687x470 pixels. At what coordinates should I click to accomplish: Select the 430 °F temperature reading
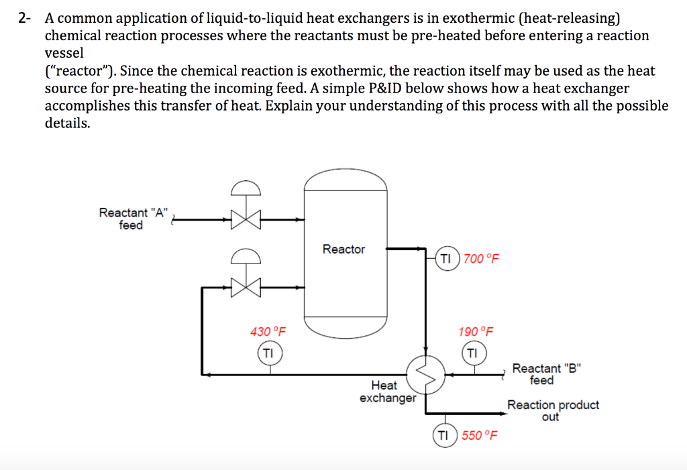coord(268,332)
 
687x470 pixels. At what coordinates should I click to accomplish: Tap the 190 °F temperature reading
coord(476,332)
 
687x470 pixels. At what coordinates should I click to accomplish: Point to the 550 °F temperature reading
coord(480,436)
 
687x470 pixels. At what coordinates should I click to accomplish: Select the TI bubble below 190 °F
coord(472,352)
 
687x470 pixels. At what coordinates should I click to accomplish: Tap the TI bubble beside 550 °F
coord(443,435)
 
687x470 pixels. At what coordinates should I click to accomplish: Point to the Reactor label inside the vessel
coord(343,249)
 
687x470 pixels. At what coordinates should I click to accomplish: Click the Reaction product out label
coord(552,410)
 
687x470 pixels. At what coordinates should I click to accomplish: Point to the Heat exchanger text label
coord(386,392)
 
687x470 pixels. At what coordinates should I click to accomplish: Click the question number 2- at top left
coord(25,18)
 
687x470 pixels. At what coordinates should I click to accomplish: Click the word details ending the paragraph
coord(66,123)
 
